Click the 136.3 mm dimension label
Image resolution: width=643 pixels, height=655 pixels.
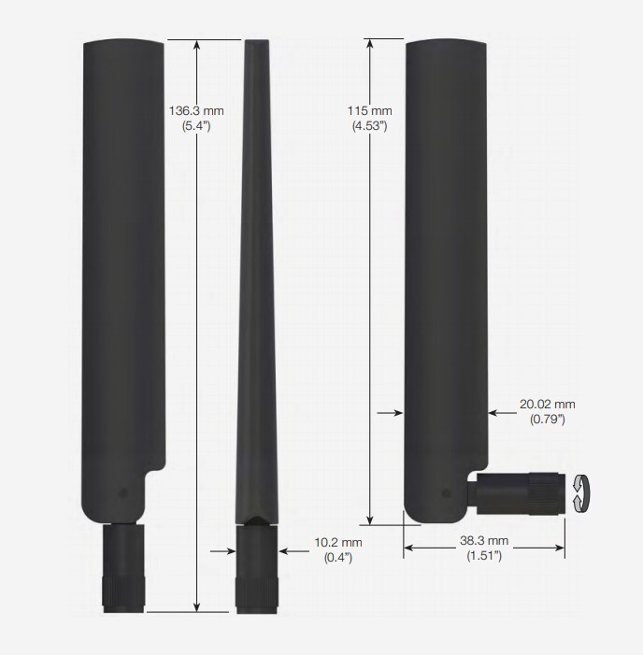pyautogui.click(x=196, y=110)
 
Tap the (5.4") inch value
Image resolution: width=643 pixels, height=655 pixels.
pyautogui.click(x=196, y=125)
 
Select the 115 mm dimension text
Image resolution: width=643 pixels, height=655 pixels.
pyautogui.click(x=372, y=110)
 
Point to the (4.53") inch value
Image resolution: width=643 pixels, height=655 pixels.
pyautogui.click(x=372, y=125)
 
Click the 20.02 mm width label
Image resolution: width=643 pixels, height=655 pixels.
pyautogui.click(x=547, y=405)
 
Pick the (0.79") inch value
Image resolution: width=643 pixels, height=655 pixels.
pyautogui.click(x=547, y=420)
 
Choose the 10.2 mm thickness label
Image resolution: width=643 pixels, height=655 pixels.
pyautogui.click(x=337, y=543)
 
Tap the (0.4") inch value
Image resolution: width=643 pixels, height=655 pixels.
pyautogui.click(x=337, y=558)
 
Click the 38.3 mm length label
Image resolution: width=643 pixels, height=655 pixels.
pyautogui.click(x=485, y=541)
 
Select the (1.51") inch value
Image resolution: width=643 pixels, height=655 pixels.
pyautogui.click(x=485, y=556)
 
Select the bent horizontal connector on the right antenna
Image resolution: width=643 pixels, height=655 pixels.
pyautogui.click(x=519, y=492)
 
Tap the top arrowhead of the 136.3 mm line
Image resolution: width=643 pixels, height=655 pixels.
pyautogui.click(x=196, y=44)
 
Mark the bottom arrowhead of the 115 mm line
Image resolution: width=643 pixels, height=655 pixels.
pyautogui.click(x=372, y=519)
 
